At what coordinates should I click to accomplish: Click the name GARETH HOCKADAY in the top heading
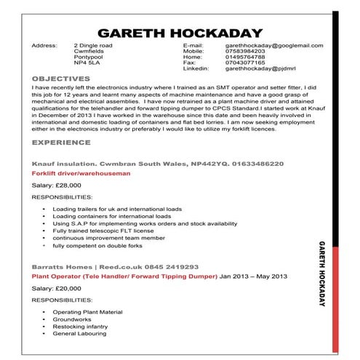point(179,32)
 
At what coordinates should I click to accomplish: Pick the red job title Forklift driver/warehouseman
point(81,175)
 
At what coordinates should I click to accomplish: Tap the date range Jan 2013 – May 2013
point(254,277)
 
